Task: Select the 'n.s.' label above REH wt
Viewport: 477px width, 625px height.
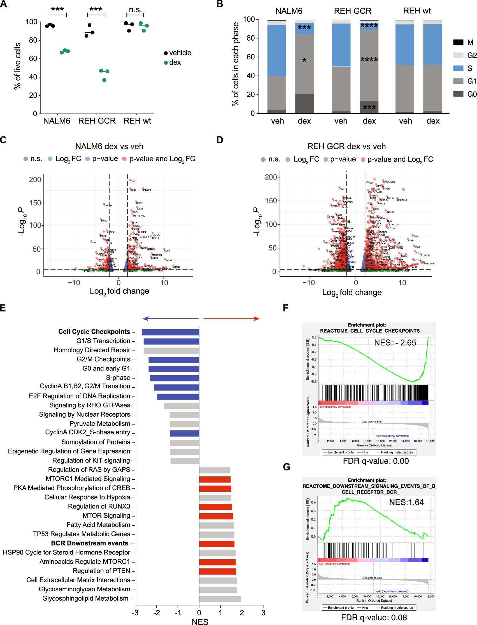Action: point(135,10)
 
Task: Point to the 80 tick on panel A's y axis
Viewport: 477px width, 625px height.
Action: point(33,40)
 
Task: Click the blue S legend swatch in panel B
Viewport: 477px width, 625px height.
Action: point(458,68)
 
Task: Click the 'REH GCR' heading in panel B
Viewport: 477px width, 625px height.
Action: point(352,11)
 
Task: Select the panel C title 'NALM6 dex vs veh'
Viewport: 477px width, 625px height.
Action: point(109,146)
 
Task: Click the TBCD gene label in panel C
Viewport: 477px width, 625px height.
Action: point(133,181)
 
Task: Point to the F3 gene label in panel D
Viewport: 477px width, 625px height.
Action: point(404,190)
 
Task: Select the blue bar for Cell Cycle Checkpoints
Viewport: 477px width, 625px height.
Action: point(170,332)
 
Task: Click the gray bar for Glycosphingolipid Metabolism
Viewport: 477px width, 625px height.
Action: point(220,599)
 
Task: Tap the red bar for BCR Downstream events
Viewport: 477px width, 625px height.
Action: point(217,544)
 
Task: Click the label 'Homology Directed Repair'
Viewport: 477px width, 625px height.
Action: point(92,350)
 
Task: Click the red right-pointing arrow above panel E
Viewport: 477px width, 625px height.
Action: point(231,319)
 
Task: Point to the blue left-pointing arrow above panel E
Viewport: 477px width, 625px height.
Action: point(170,319)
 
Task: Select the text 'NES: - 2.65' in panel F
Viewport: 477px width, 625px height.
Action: point(395,342)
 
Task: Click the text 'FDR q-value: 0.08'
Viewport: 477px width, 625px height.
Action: point(374,617)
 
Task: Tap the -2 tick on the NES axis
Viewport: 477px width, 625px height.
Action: point(157,612)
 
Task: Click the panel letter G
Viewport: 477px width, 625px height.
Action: point(287,467)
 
